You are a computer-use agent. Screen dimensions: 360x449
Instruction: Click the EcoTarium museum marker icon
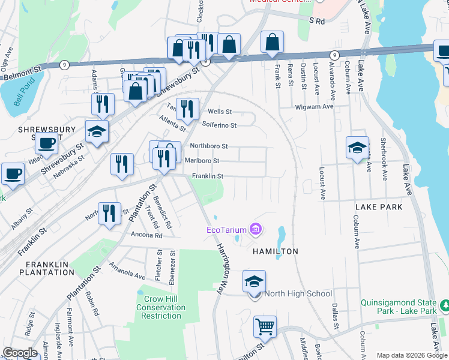tap(256, 229)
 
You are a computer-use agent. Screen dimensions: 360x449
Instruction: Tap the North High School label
tap(298, 293)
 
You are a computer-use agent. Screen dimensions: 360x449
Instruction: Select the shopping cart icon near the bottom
tap(265, 327)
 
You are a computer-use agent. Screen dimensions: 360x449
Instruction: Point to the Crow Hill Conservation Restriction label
tap(160, 307)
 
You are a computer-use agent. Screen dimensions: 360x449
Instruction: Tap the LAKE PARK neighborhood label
tap(378, 207)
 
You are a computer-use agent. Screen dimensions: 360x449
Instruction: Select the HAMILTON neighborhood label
tap(275, 251)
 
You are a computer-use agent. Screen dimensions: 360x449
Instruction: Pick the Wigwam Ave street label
tap(313, 106)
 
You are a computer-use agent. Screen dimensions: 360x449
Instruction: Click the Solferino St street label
tap(219, 125)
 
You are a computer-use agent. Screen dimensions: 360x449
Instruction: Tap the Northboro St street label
tap(208, 146)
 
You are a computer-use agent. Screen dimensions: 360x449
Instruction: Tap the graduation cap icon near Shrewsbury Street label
tap(97, 132)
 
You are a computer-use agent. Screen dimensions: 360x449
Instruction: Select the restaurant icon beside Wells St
tap(187, 109)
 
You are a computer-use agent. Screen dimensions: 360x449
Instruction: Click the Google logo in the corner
tap(20, 353)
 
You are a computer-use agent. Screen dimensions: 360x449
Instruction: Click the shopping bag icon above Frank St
tap(273, 42)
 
